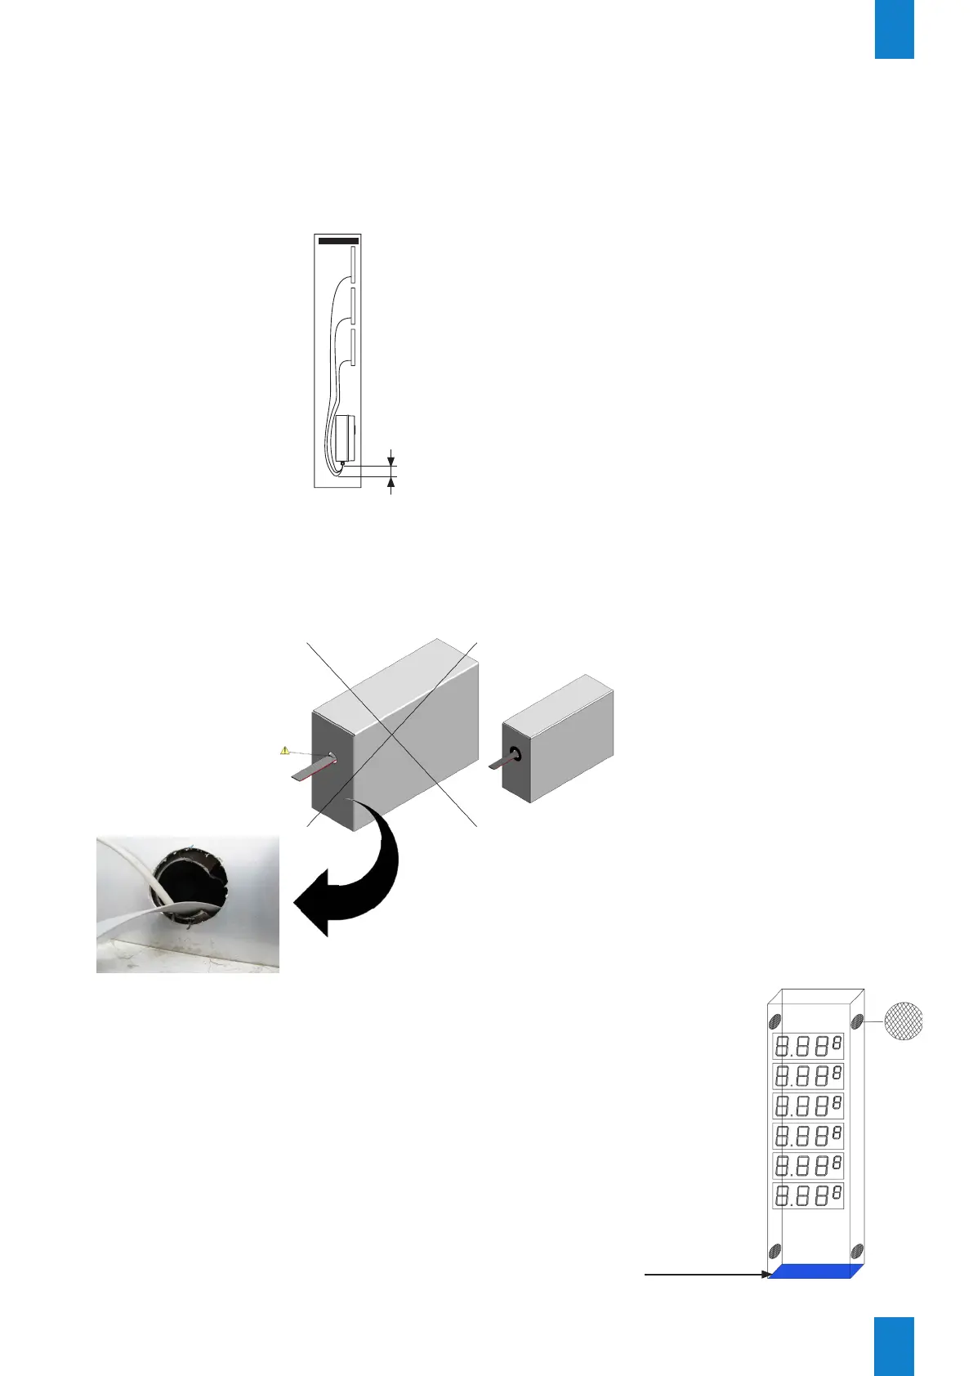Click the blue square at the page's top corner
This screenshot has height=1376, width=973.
(x=894, y=29)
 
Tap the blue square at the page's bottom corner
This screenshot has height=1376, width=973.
(x=894, y=1346)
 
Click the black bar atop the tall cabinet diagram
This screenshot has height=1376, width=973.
(x=337, y=241)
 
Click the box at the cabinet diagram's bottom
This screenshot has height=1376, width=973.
(x=346, y=438)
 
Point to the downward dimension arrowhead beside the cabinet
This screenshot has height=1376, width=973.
(x=391, y=459)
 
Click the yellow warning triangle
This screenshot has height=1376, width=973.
(x=284, y=749)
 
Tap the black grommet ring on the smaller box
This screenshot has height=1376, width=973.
(x=516, y=753)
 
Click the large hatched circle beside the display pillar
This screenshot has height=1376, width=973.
(x=904, y=1021)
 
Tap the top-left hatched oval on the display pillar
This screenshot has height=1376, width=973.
(x=775, y=1021)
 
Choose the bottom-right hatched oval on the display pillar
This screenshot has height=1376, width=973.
(x=857, y=1250)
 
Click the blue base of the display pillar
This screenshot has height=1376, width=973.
(x=815, y=1271)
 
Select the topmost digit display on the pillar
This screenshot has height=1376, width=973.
(x=808, y=1045)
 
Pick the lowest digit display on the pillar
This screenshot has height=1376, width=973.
(x=808, y=1195)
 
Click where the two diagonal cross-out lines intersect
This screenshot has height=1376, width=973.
(x=393, y=731)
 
